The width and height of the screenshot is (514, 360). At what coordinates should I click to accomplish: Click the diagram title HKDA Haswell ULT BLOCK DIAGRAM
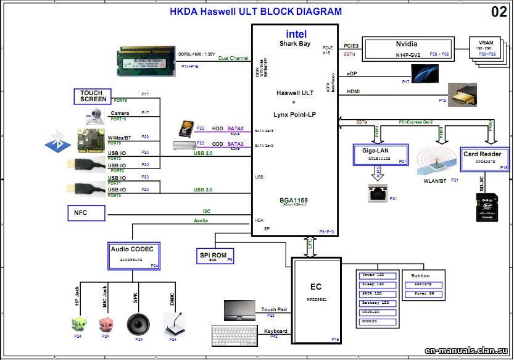coord(255,11)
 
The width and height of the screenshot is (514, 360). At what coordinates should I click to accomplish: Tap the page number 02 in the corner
coord(499,12)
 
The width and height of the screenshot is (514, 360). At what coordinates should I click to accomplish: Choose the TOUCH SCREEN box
coord(93,96)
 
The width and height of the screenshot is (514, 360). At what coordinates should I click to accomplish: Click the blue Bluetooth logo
coord(58,144)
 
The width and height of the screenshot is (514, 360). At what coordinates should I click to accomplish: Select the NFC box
coord(86,213)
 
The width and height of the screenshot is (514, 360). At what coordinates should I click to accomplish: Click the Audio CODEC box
coord(134,255)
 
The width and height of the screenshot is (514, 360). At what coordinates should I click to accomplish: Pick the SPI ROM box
coord(213,256)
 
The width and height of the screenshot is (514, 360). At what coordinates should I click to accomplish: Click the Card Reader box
coord(486,159)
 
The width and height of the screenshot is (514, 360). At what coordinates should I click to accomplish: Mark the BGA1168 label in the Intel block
coord(294,201)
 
